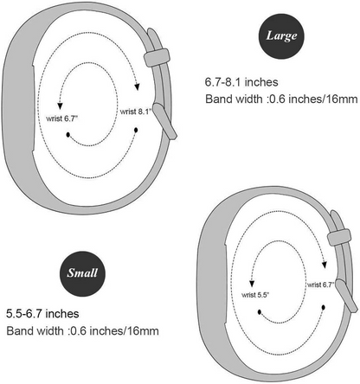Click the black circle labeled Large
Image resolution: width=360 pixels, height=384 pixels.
(x=281, y=36)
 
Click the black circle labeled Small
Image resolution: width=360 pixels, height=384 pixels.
(x=82, y=273)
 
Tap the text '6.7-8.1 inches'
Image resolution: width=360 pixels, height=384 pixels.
(x=241, y=82)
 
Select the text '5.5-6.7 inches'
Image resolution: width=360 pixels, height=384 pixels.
(x=42, y=313)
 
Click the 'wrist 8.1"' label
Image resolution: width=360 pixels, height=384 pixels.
(x=136, y=112)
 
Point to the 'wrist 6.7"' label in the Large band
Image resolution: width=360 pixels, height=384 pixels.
(x=62, y=118)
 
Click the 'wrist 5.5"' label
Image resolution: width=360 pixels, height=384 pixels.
(x=255, y=295)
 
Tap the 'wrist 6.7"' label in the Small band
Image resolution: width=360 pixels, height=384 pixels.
(x=321, y=285)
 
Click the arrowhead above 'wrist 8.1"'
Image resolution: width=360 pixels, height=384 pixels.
(x=138, y=86)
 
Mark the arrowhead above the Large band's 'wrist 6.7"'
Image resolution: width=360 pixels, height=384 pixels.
(x=60, y=106)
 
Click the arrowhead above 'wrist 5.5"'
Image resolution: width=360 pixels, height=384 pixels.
(x=252, y=284)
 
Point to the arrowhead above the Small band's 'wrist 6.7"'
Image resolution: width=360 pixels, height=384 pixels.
(x=325, y=265)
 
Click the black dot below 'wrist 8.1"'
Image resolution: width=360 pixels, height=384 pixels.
(x=136, y=131)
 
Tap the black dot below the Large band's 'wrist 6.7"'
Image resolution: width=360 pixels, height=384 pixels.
(x=67, y=135)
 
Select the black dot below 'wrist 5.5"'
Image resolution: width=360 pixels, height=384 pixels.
(x=260, y=312)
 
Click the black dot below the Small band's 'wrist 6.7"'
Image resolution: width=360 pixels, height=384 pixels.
(x=324, y=308)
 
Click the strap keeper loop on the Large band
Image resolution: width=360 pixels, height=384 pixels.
(x=157, y=57)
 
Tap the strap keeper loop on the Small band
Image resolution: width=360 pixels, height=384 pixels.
(x=339, y=237)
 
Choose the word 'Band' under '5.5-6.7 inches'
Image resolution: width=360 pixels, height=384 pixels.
(x=20, y=330)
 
